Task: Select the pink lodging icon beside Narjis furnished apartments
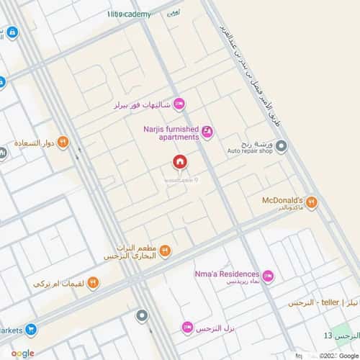207,130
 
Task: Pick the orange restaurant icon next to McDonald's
311,203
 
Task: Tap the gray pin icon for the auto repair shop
282,147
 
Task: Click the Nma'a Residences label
226,274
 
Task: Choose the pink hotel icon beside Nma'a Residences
268,276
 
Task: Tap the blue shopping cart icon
31,330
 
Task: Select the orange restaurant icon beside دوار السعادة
63,141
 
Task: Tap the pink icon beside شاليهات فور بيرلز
179,103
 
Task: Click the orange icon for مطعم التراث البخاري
165,251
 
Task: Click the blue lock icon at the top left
12,32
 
